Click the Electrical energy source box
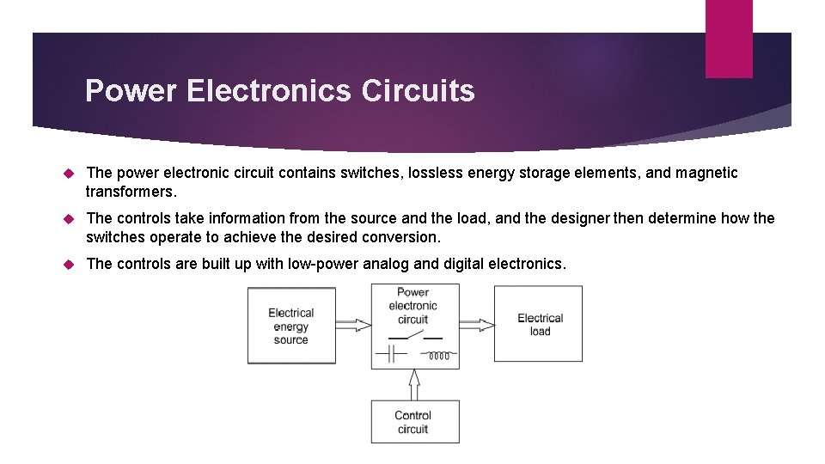tap(291, 326)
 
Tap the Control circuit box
tap(413, 422)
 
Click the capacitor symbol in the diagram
tap(394, 354)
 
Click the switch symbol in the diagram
tap(412, 337)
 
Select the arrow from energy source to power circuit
tap(352, 325)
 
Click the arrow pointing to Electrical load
tap(477, 325)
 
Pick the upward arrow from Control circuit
tap(414, 384)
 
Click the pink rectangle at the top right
tap(729, 39)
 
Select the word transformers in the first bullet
tap(129, 192)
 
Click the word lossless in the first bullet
tap(435, 173)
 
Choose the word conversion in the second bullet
tap(400, 237)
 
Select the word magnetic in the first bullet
tap(706, 173)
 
